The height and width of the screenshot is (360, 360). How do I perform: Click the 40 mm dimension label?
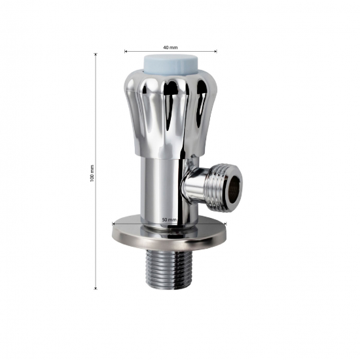click(170, 47)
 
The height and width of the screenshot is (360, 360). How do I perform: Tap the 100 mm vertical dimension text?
click(92, 173)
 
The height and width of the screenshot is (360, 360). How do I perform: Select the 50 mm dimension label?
click(169, 220)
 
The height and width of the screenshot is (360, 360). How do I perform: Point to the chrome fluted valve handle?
click(170, 105)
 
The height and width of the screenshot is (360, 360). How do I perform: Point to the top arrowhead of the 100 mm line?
click(96, 55)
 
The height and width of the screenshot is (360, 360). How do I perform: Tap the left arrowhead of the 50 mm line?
click(114, 223)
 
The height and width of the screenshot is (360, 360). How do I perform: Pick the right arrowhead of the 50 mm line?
click(225, 223)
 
